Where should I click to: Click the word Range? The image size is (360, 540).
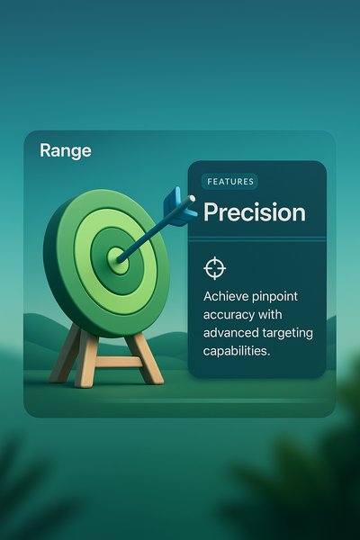tap(66, 150)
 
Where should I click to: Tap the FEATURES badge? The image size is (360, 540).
tap(230, 182)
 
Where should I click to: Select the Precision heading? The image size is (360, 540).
tap(254, 212)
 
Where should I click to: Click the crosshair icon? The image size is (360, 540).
tap(214, 267)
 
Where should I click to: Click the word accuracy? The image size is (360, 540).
tap(233, 315)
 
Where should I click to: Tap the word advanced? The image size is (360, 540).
tap(232, 333)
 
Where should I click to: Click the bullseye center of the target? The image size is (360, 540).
tap(117, 259)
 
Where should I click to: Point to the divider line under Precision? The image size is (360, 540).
tap(256, 238)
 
